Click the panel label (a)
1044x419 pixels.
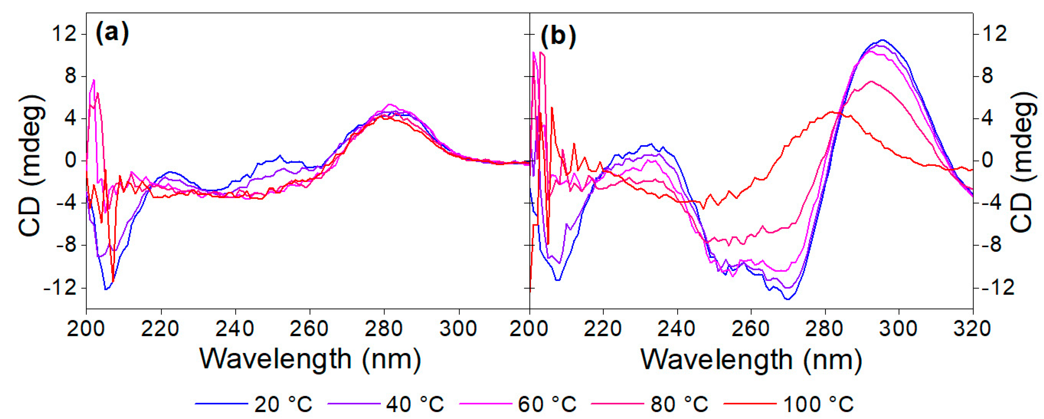[x=112, y=34]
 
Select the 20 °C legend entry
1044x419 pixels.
[x=254, y=404]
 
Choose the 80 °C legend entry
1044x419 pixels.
[x=650, y=404]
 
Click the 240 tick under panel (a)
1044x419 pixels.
[x=235, y=329]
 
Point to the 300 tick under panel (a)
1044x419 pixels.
[x=458, y=329]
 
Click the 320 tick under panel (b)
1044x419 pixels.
[x=973, y=329]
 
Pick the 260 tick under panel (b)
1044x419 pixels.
[x=751, y=329]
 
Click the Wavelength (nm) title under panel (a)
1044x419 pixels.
[x=310, y=359]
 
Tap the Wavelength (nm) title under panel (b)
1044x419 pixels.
[x=751, y=359]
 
